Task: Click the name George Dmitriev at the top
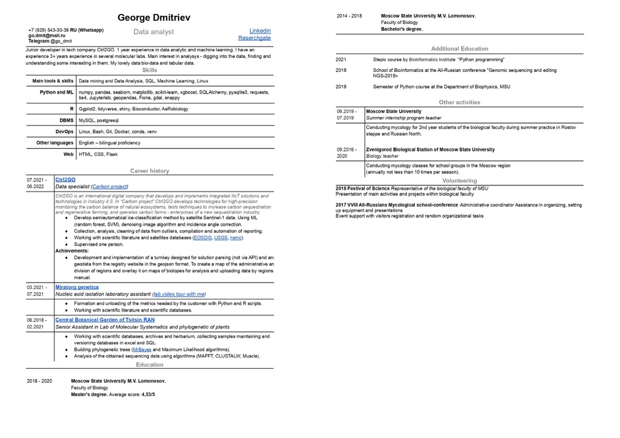coord(154,18)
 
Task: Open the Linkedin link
coord(260,31)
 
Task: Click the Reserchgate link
coord(254,38)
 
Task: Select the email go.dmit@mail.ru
coord(47,36)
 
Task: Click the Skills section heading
coord(149,70)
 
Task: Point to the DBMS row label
coord(67,120)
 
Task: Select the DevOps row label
coord(65,132)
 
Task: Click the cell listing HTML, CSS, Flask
coord(98,154)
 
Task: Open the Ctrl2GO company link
coord(65,180)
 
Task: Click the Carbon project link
coord(110,187)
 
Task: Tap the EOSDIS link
coord(202,238)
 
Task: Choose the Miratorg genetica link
coord(77,287)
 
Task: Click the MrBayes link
coord(142,350)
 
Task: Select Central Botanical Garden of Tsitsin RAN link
coord(105,320)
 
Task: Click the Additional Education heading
coord(459,49)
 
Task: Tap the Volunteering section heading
coord(459,181)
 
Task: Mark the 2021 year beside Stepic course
coord(341,60)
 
